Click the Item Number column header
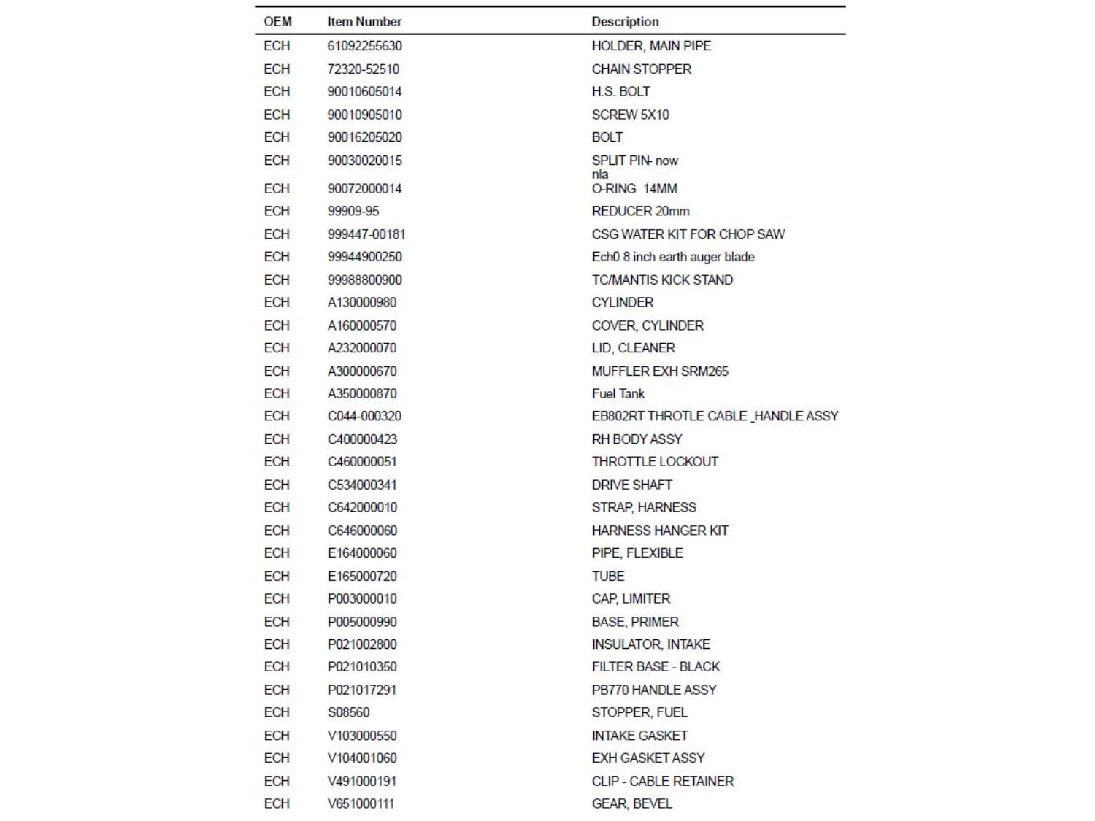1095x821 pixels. [x=364, y=22]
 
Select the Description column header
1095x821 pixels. [x=625, y=22]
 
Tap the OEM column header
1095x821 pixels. [x=277, y=22]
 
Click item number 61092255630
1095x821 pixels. [x=364, y=46]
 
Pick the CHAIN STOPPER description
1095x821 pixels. [x=641, y=69]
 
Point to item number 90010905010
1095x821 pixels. [x=364, y=115]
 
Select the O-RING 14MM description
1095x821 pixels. [x=634, y=188]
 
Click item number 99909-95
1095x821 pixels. [x=353, y=211]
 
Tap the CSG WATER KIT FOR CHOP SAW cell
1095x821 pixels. [x=688, y=234]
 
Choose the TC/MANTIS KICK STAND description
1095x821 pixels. [x=662, y=280]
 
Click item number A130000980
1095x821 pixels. [x=362, y=302]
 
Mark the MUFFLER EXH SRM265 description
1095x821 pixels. [x=660, y=371]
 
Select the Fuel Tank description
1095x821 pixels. [x=618, y=393]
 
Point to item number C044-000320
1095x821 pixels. [x=364, y=416]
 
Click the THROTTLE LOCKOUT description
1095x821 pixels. [x=655, y=461]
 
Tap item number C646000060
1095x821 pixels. [x=362, y=531]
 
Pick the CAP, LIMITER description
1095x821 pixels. [x=631, y=598]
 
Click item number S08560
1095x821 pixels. [x=348, y=712]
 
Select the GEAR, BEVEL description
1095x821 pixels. [x=631, y=803]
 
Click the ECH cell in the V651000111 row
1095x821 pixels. [x=277, y=803]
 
